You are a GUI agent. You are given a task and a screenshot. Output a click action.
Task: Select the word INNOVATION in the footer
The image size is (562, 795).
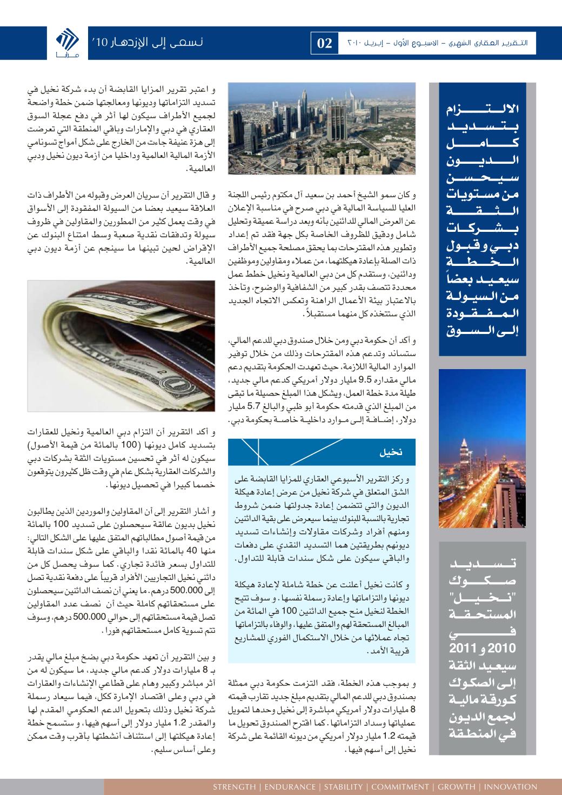[x=511, y=787]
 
